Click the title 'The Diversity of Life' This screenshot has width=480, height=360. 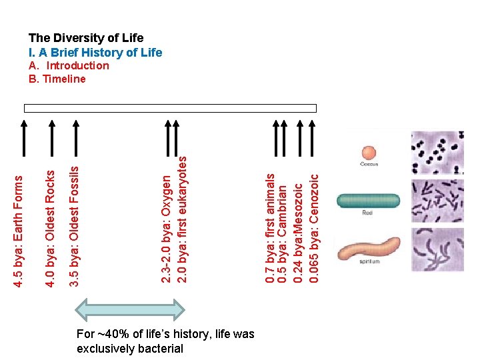coord(85,38)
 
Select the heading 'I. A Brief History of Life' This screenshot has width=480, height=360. coord(95,52)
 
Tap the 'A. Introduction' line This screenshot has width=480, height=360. coord(69,65)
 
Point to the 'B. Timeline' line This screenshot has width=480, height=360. coord(57,79)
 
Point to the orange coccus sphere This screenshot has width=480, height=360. coord(370,152)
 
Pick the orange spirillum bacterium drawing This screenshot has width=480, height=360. coord(368,248)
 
